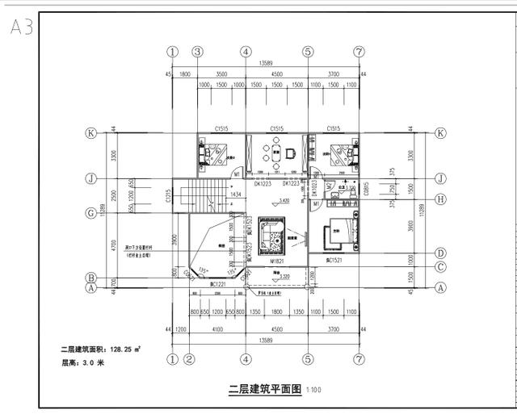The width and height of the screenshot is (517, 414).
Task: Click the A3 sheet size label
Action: tap(21, 28)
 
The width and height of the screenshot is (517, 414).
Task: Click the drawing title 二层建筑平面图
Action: tap(264, 388)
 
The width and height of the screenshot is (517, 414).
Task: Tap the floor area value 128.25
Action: tap(120, 349)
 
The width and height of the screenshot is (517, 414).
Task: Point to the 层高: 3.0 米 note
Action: tap(83, 362)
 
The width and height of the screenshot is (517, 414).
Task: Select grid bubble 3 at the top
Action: tap(197, 51)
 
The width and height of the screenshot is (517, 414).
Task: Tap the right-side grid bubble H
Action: tap(441, 199)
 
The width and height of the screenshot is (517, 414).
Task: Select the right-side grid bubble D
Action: tap(441, 253)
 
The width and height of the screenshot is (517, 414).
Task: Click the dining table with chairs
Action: tap(275, 152)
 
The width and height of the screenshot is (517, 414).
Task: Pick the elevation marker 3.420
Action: tap(284, 199)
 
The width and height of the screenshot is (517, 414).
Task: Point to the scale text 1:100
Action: tap(313, 390)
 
